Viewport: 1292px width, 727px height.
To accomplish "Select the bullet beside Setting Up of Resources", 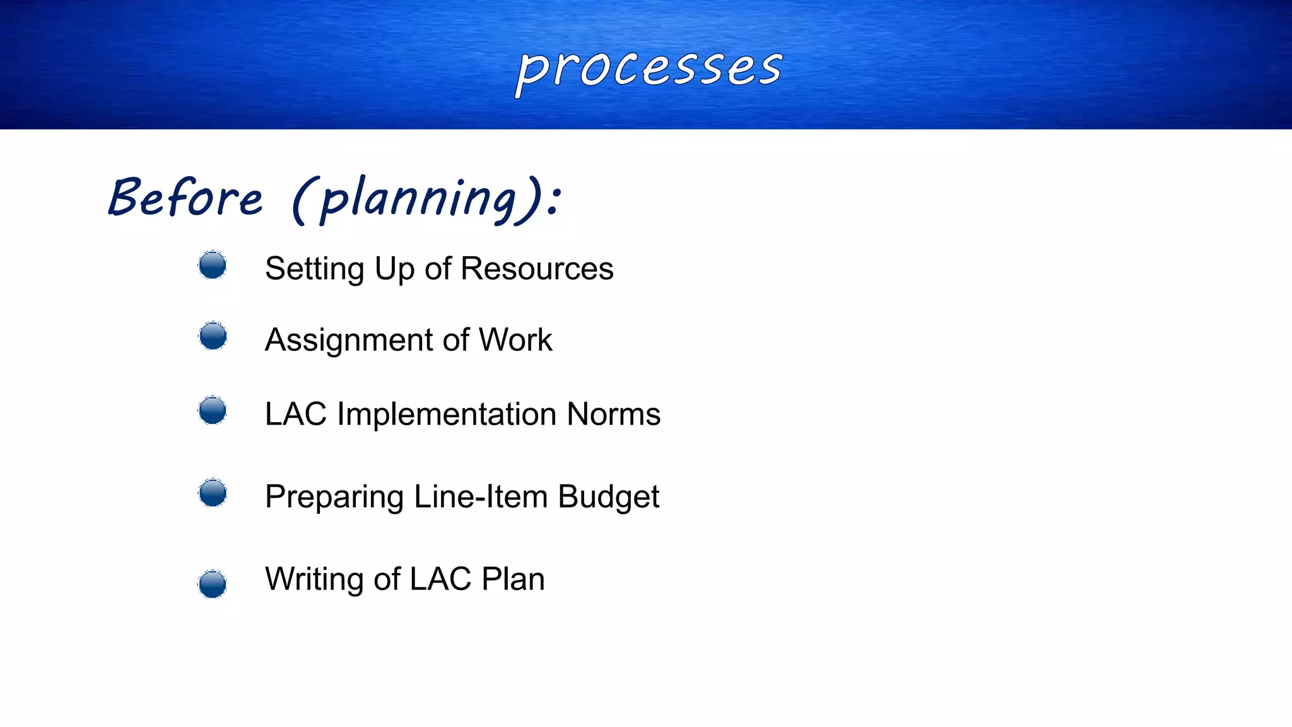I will pyautogui.click(x=213, y=265).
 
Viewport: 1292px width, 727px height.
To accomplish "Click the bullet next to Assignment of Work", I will pyautogui.click(x=213, y=336).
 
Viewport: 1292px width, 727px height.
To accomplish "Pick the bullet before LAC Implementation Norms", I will pyautogui.click(x=213, y=411).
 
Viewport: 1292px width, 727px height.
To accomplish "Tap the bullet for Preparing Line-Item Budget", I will pyautogui.click(x=213, y=493).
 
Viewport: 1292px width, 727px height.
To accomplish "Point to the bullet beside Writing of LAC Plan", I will pyautogui.click(x=213, y=584).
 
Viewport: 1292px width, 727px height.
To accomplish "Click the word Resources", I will pyautogui.click(x=537, y=269).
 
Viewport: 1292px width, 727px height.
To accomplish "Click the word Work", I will pyautogui.click(x=515, y=340).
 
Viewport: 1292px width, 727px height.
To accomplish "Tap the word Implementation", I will pyautogui.click(x=447, y=415).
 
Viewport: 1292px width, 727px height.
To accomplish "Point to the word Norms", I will pyautogui.click(x=613, y=415).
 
